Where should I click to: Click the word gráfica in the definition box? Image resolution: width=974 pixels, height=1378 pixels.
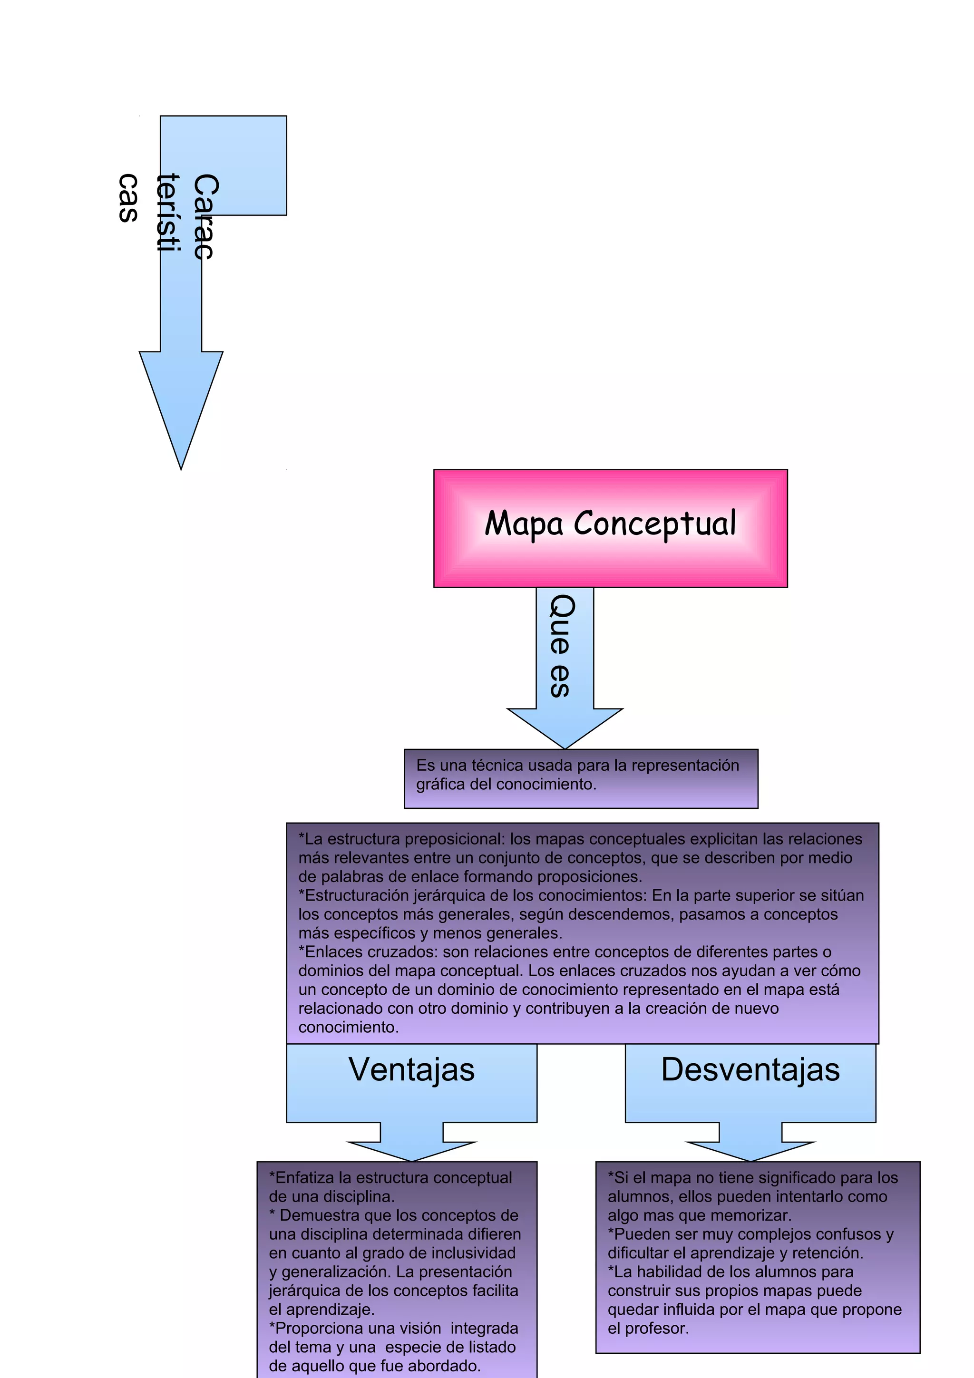pyautogui.click(x=440, y=785)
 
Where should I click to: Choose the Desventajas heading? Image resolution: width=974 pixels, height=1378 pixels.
pyautogui.click(x=750, y=1069)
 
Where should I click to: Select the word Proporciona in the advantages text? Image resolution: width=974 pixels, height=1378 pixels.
pyautogui.click(x=318, y=1328)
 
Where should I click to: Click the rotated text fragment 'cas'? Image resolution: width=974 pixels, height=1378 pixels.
pyautogui.click(x=128, y=198)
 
